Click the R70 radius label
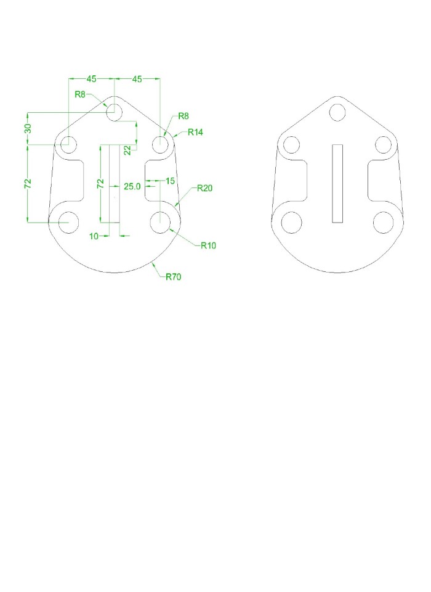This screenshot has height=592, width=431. click(x=173, y=277)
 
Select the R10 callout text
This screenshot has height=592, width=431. click(x=208, y=245)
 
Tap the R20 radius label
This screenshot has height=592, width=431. click(x=204, y=189)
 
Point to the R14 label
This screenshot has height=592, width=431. click(x=196, y=132)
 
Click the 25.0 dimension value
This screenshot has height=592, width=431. click(x=132, y=186)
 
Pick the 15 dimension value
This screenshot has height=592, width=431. click(x=170, y=181)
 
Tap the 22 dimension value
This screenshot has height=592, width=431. click(x=127, y=150)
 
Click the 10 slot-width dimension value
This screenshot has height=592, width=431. click(x=94, y=236)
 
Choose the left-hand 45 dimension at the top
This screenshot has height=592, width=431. click(x=91, y=79)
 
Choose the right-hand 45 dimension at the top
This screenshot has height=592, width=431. click(x=137, y=79)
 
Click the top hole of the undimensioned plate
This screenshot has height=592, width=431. click(x=337, y=112)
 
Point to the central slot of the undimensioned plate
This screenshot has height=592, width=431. click(x=337, y=183)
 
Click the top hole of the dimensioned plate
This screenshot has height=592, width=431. click(x=114, y=112)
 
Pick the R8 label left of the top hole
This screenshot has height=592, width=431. click(x=80, y=94)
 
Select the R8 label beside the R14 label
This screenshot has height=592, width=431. click(x=183, y=116)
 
